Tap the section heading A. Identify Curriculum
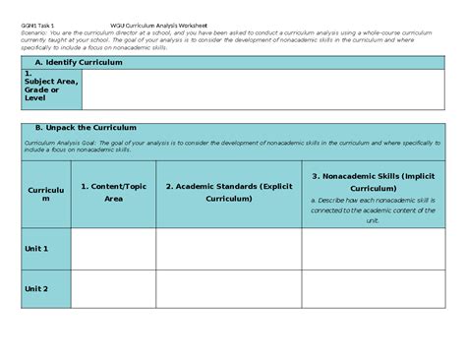click(76, 62)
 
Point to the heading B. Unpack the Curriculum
click(86, 128)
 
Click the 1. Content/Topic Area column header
click(113, 192)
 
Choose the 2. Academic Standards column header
click(228, 192)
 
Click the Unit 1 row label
click(36, 249)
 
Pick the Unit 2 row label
click(36, 288)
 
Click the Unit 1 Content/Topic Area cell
click(113, 249)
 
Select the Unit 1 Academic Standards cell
click(228, 249)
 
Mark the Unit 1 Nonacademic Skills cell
click(373, 249)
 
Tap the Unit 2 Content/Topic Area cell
click(113, 288)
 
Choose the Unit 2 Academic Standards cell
click(228, 288)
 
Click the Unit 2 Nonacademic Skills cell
click(373, 288)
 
